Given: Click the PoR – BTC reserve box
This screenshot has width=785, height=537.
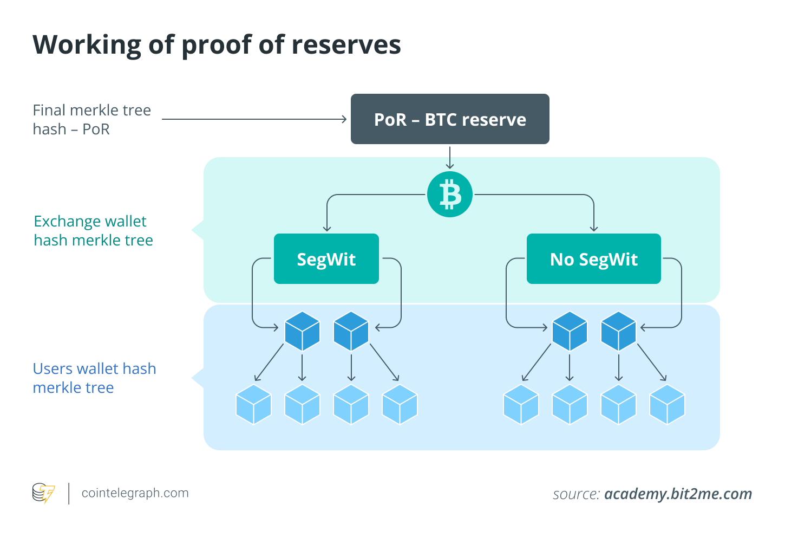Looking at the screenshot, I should tap(450, 119).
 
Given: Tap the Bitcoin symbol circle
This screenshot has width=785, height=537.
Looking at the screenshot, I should tap(450, 195).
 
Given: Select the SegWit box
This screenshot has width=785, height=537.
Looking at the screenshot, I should tap(326, 259).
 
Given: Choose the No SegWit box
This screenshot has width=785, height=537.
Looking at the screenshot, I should tap(593, 259).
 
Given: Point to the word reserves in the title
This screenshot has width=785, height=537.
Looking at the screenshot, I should tap(346, 44).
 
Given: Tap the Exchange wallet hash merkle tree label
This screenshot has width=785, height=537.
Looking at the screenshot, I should tap(93, 230).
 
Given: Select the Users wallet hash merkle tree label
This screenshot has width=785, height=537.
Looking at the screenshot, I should tap(94, 378).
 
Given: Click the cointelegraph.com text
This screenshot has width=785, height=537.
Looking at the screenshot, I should tap(135, 493).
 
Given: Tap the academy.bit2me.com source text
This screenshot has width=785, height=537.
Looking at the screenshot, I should tap(678, 494).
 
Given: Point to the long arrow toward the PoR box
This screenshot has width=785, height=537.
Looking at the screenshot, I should tap(254, 119).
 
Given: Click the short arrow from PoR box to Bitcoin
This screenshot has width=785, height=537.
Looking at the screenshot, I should tap(450, 158).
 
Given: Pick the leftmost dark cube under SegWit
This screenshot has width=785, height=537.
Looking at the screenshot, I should tap(302, 331).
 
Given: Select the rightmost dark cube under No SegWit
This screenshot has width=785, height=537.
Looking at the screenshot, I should tap(618, 331).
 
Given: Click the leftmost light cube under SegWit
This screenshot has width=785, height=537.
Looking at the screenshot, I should tap(253, 404).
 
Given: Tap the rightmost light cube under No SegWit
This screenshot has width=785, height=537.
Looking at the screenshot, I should tap(667, 404).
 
